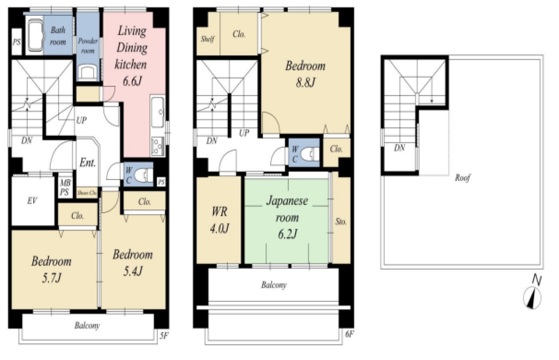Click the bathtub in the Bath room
pyautogui.click(x=35, y=35)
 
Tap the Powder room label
pyautogui.click(x=88, y=46)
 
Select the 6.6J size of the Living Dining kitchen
pyautogui.click(x=132, y=81)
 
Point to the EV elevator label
pyautogui.click(x=32, y=201)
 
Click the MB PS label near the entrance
pyautogui.click(x=65, y=187)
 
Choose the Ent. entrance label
pyautogui.click(x=88, y=163)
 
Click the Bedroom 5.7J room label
pyautogui.click(x=52, y=270)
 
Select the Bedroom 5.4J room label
pyautogui.click(x=133, y=263)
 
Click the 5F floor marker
pyautogui.click(x=163, y=336)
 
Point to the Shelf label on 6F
pyautogui.click(x=207, y=39)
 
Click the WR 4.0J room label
pyautogui.click(x=219, y=220)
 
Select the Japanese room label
pyautogui.click(x=287, y=209)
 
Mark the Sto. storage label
pyautogui.click(x=341, y=221)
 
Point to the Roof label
pyautogui.click(x=462, y=178)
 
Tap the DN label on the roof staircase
pyautogui.click(x=400, y=148)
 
